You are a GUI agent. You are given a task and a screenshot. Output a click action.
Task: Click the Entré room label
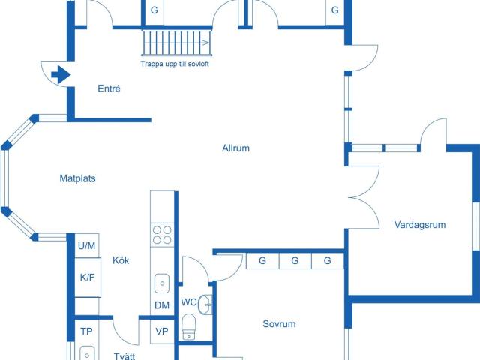pos(109,89)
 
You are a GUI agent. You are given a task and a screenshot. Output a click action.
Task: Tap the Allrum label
pos(235,148)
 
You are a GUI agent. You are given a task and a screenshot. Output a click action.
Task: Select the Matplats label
pos(78,178)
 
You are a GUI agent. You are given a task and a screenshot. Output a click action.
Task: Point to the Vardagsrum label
pos(420,224)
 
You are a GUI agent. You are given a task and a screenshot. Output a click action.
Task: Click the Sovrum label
pos(279,324)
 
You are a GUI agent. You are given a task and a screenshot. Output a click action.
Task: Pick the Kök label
pos(121,260)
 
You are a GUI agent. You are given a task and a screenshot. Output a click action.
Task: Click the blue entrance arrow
pos(60,74)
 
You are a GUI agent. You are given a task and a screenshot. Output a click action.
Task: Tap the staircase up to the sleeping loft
pos(175,43)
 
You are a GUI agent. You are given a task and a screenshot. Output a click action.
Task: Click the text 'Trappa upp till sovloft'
pos(175,64)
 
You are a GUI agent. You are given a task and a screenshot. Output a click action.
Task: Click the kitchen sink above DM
pos(162,283)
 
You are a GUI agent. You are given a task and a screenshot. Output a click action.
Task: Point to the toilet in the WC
pos(189,326)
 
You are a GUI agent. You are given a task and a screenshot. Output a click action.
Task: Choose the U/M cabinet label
pos(87,245)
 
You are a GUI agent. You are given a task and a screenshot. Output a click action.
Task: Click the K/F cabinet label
pos(87,277)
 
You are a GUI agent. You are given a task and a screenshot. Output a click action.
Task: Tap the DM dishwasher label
pos(162,305)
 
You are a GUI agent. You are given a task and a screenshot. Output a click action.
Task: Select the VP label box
pos(162,331)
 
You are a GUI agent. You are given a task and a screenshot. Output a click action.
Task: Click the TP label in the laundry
pos(86,331)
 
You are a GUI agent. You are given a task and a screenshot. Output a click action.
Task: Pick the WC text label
pos(189,302)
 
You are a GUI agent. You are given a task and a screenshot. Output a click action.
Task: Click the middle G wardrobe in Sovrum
pos(295,261)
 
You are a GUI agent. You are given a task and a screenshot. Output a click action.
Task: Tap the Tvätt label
pos(124,356)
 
